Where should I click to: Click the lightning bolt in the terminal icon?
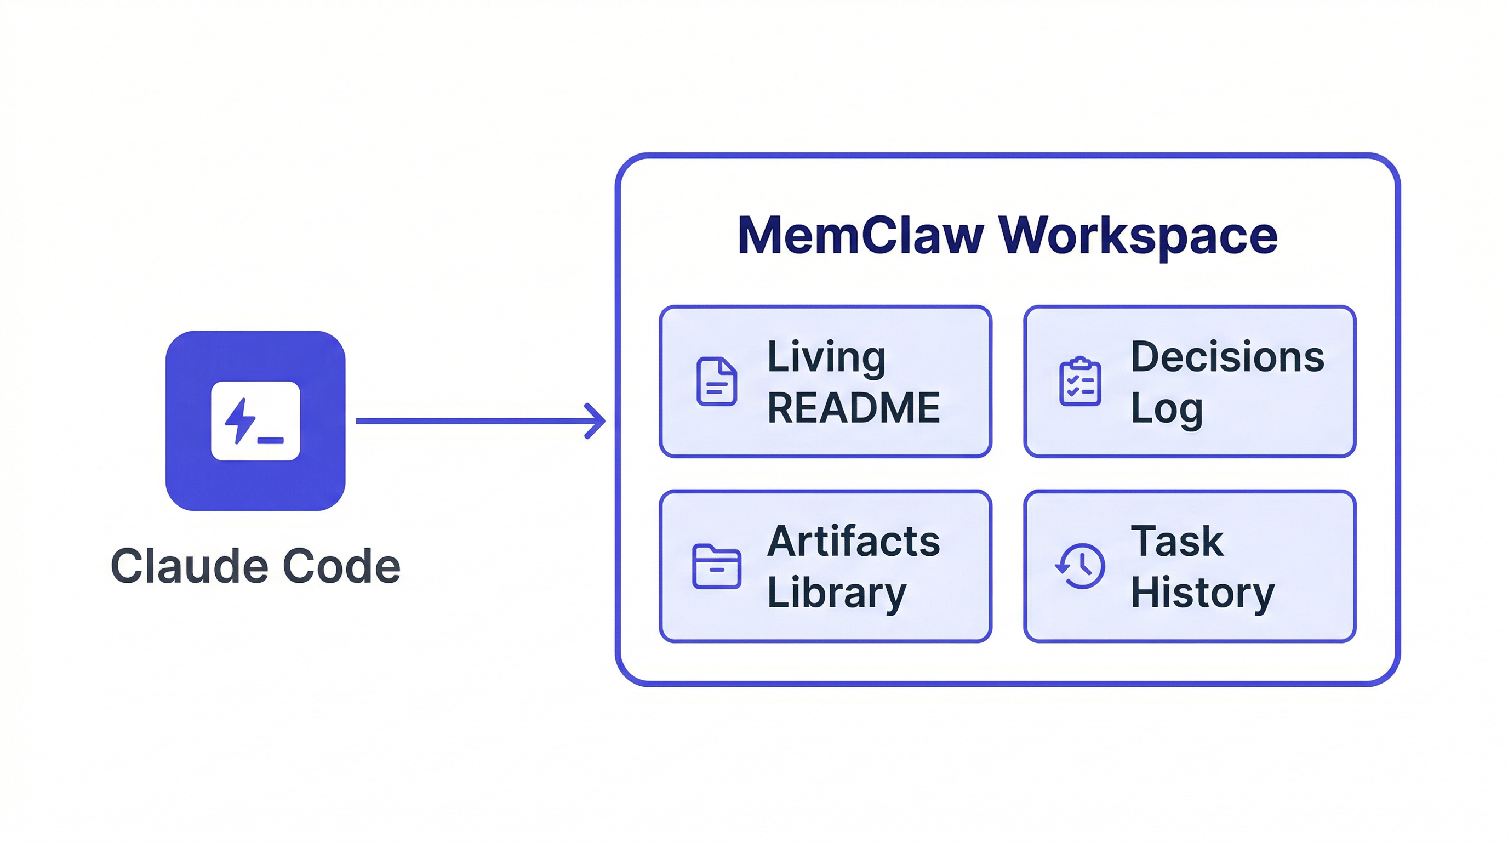(240, 420)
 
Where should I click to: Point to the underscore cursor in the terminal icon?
(271, 441)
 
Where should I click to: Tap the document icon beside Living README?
(716, 381)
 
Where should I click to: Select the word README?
(853, 408)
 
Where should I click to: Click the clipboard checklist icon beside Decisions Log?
(1079, 381)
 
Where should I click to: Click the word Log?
(1166, 409)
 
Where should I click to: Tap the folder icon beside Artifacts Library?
(716, 566)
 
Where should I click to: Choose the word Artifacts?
(853, 541)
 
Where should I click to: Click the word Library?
(836, 593)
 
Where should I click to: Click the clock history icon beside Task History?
(1081, 566)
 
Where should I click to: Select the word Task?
(1176, 541)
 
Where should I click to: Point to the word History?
(1202, 593)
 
